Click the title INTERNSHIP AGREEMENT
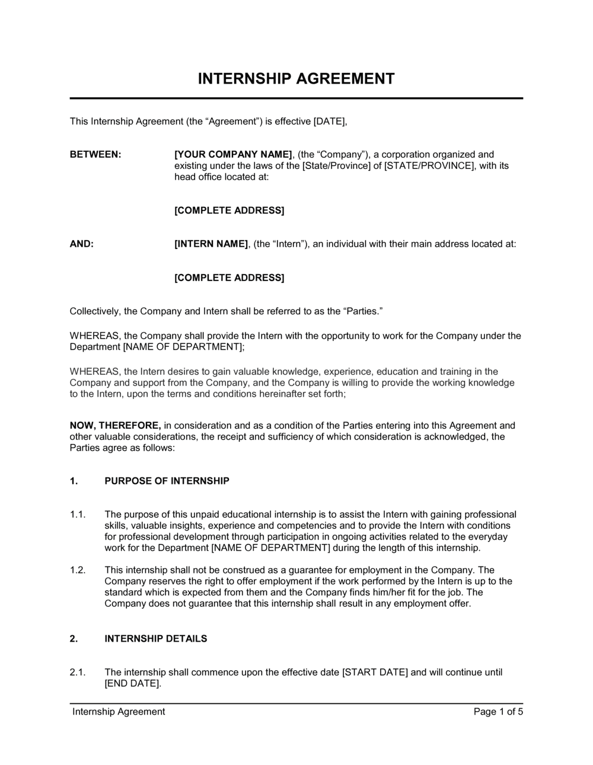coord(296,79)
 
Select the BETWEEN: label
coord(95,154)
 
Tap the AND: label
coord(82,244)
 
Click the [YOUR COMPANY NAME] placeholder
coord(233,154)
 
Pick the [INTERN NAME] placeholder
coord(211,244)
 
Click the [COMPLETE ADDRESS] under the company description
coord(229,211)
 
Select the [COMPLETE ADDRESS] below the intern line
coord(229,278)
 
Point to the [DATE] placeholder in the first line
coord(329,122)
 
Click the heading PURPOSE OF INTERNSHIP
coord(167,481)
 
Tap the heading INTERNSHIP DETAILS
coord(156,639)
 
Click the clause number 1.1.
coord(78,514)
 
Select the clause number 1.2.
coord(78,570)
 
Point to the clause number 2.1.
coord(78,672)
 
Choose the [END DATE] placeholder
coord(132,683)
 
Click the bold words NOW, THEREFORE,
coord(115,425)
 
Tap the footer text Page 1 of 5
coord(498,712)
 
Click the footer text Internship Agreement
coord(119,712)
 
